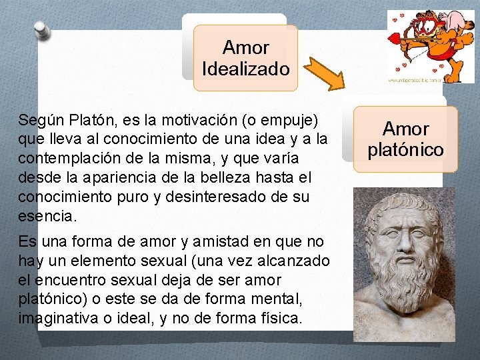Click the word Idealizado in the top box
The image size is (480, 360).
coord(245,69)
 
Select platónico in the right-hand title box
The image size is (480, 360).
coord(405,149)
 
